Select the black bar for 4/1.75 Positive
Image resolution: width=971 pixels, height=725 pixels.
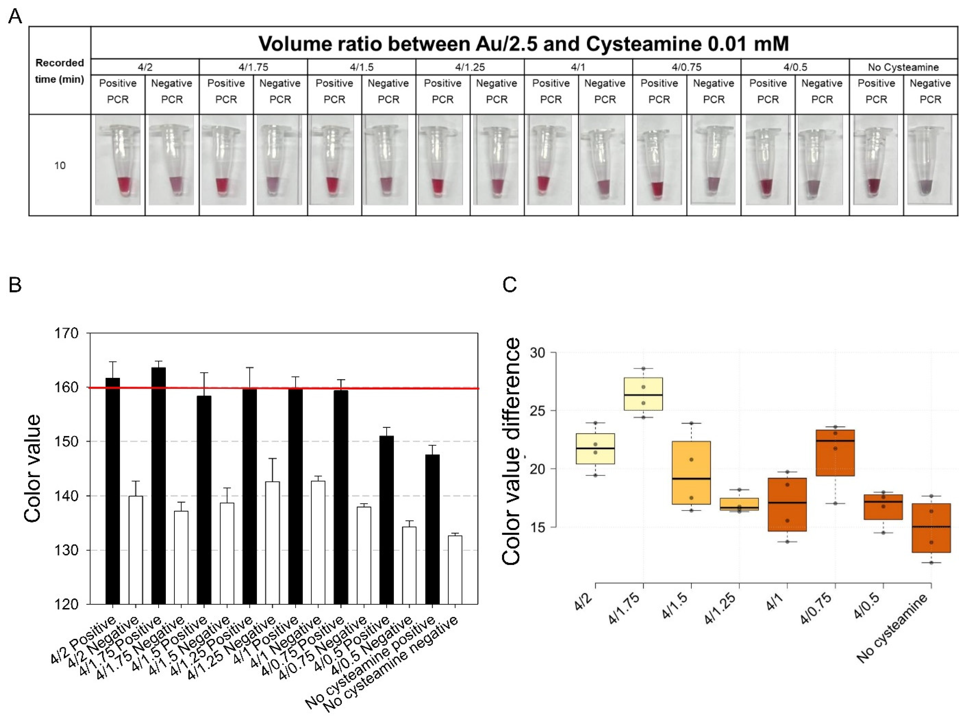coord(158,486)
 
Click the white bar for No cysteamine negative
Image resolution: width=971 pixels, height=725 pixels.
coord(455,570)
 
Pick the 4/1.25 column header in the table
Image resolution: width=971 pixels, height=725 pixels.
coord(470,67)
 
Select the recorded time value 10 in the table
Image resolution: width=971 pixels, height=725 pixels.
coord(60,166)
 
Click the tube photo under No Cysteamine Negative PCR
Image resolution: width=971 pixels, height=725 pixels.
coord(930,160)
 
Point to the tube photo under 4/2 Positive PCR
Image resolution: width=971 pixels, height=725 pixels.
coord(118,160)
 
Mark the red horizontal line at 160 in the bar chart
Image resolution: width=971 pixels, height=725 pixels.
coord(284,388)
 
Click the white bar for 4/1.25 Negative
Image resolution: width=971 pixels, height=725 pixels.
coord(272,543)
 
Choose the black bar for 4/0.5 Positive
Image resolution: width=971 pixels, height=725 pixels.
coord(386,520)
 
